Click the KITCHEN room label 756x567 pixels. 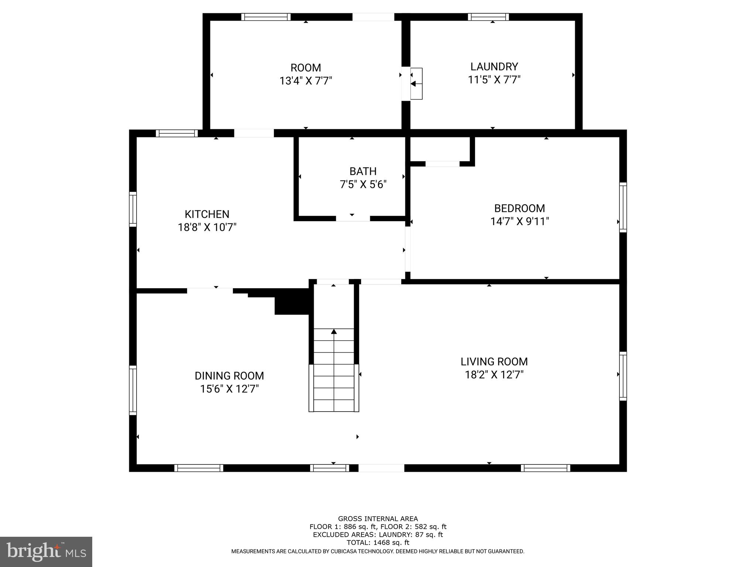pyautogui.click(x=207, y=214)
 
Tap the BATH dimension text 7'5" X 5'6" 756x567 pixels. pyautogui.click(x=363, y=184)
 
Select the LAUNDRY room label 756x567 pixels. pyautogui.click(x=494, y=66)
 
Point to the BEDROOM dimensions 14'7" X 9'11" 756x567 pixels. pyautogui.click(x=519, y=221)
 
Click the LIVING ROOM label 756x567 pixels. pyautogui.click(x=494, y=361)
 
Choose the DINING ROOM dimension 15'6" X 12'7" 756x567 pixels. pyautogui.click(x=229, y=389)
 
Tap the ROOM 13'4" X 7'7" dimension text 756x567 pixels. pyautogui.click(x=306, y=80)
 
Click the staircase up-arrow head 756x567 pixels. pyautogui.click(x=334, y=331)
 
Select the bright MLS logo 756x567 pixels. pyautogui.click(x=46, y=551)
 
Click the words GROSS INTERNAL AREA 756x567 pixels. pyautogui.click(x=378, y=519)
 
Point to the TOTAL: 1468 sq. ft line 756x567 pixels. pyautogui.click(x=378, y=542)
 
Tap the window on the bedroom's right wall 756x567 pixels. pyautogui.click(x=623, y=207)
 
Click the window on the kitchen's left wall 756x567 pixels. pyautogui.click(x=133, y=209)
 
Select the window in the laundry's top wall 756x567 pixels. pyautogui.click(x=488, y=17)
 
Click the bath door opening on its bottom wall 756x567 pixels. pyautogui.click(x=353, y=219)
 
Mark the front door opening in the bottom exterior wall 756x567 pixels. pyautogui.click(x=381, y=468)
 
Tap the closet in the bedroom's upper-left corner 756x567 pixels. pyautogui.click(x=439, y=148)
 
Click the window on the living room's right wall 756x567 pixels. pyautogui.click(x=623, y=376)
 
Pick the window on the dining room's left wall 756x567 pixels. pyautogui.click(x=133, y=390)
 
